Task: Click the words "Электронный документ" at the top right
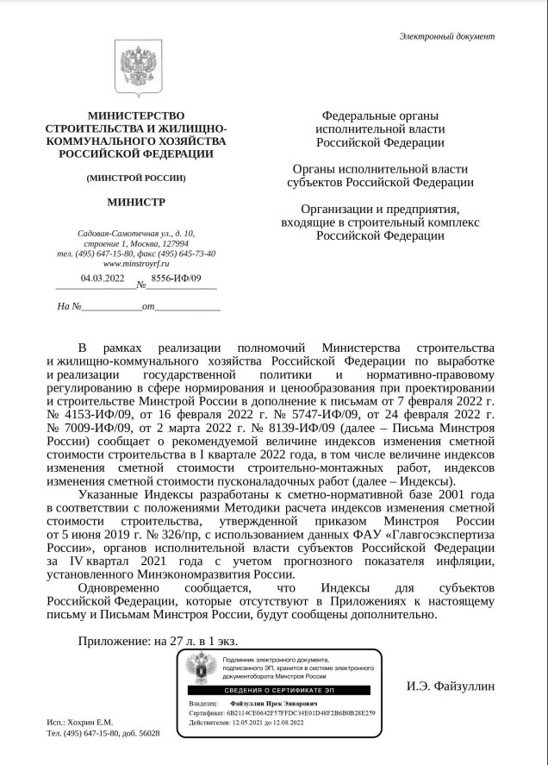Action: pos(447,36)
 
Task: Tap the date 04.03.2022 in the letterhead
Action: pos(103,278)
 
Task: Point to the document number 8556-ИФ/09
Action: pos(175,278)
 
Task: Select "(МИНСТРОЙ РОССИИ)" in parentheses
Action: pos(135,179)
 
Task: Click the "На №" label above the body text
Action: pos(69,306)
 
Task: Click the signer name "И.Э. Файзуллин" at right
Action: pos(451,687)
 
